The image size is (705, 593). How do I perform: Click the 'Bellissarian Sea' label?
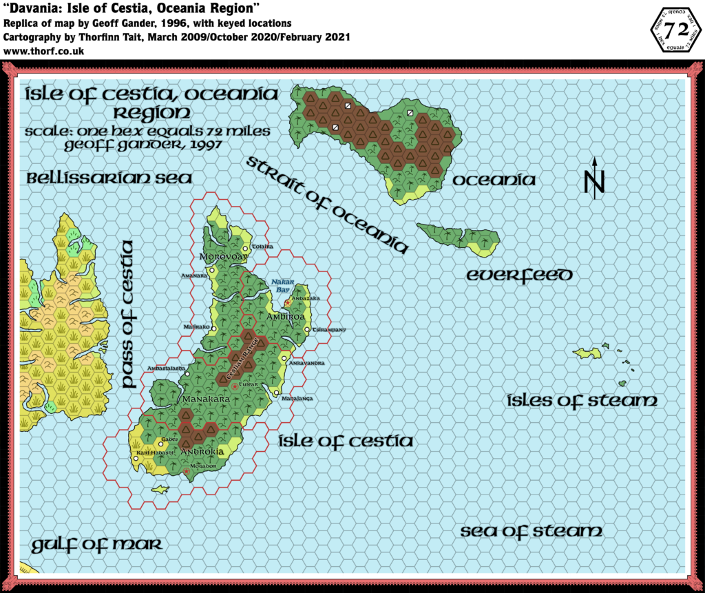point(109,178)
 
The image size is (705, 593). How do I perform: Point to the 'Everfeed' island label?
point(519,275)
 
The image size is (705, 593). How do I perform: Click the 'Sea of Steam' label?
point(531,531)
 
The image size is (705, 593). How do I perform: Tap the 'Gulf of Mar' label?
point(96,545)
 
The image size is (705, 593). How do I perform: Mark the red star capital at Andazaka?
point(288,303)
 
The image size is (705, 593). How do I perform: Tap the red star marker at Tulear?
point(235,387)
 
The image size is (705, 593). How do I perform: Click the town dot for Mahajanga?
point(277,393)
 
